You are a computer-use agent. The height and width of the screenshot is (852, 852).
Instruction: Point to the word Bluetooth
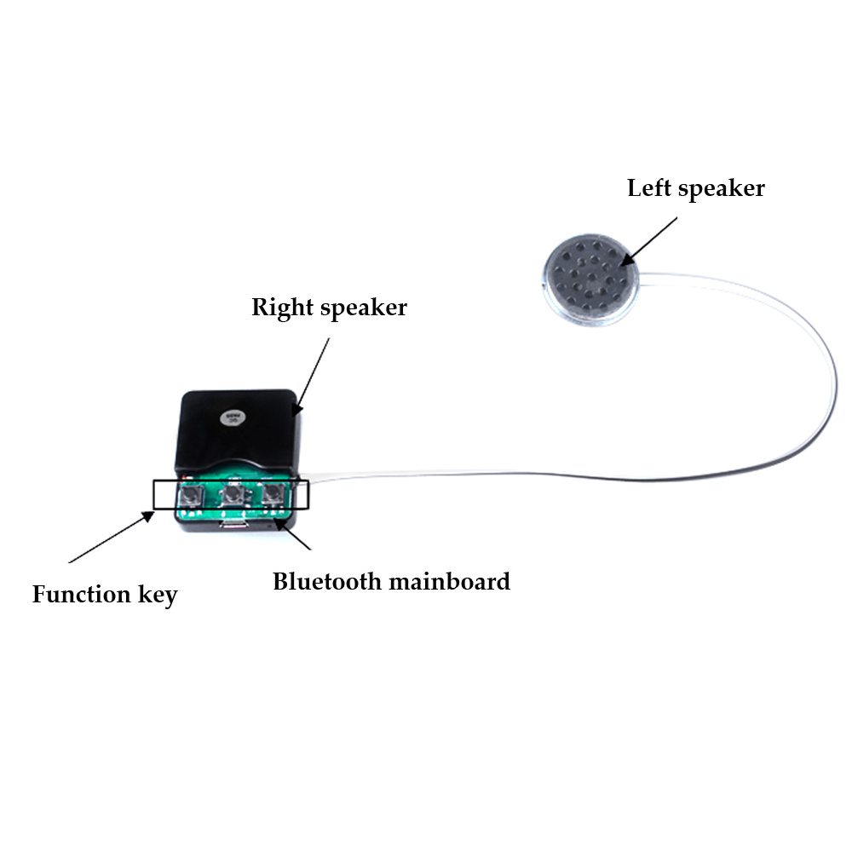click(x=327, y=582)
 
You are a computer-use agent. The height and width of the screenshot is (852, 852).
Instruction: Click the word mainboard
click(x=449, y=582)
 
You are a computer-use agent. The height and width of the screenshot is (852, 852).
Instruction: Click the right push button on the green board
click(x=273, y=494)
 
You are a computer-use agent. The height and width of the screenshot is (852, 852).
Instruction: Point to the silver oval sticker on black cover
click(x=230, y=417)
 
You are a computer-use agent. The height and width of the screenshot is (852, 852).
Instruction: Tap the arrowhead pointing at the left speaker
click(x=624, y=260)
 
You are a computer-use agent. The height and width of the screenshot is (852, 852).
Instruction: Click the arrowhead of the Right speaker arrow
click(x=295, y=412)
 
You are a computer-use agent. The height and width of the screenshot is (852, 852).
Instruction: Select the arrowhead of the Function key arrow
click(x=152, y=514)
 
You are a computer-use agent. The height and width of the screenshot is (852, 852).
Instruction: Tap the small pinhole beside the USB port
click(x=270, y=526)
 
